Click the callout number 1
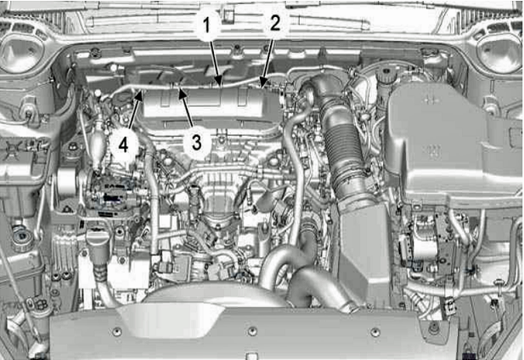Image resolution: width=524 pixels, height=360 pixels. click(207, 25)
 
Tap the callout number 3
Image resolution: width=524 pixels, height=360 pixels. click(197, 142)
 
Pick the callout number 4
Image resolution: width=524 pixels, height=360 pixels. click(123, 145)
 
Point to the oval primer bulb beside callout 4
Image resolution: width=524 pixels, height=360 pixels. click(97, 143)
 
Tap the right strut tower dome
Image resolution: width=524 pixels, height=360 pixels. click(499, 53)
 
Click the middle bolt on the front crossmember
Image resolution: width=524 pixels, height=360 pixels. click(252, 331)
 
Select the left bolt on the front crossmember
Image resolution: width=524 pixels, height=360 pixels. click(117, 332)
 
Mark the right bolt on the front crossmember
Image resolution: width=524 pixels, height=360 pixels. click(375, 332)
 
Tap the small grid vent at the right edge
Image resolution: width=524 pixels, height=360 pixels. click(516, 136)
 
